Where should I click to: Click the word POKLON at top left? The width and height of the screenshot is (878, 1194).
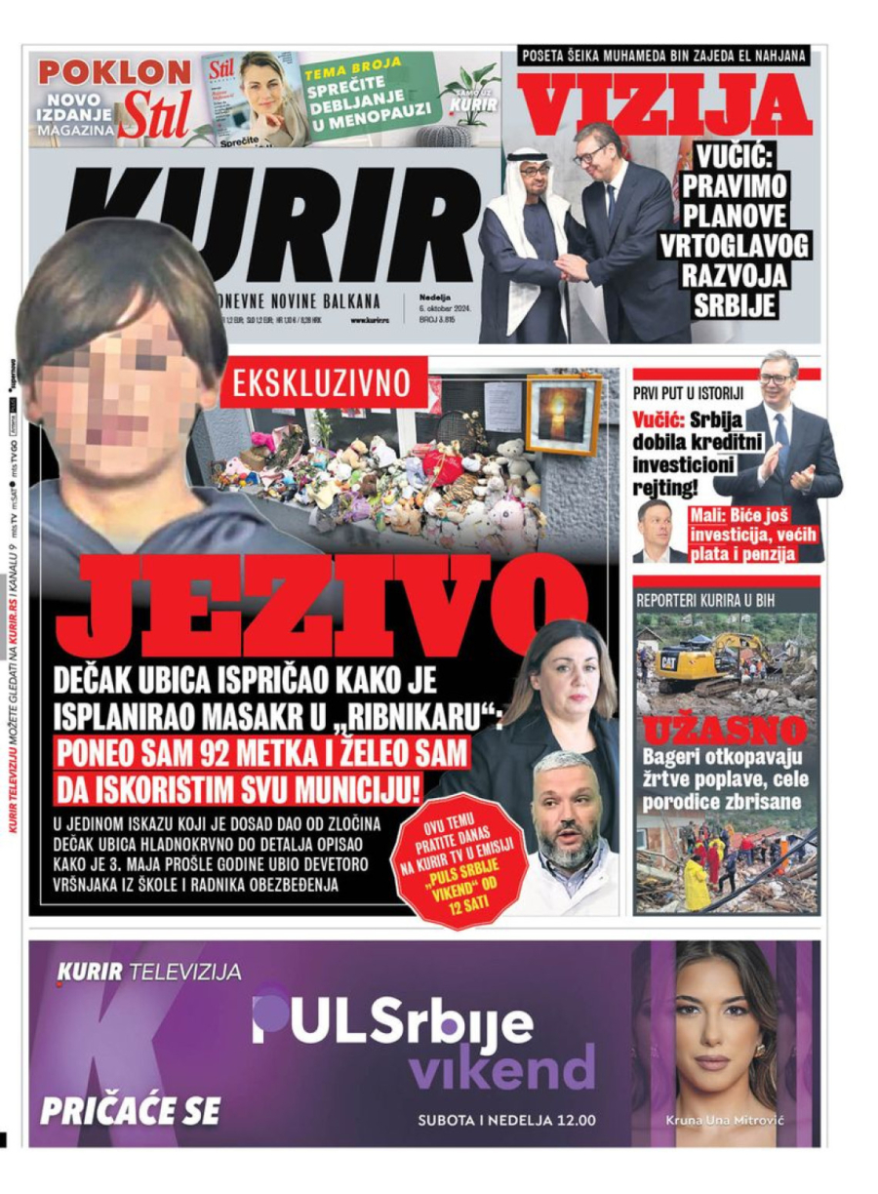[115, 71]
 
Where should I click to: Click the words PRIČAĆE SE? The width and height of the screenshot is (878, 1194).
[130, 1110]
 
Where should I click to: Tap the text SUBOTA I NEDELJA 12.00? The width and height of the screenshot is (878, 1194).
[506, 1119]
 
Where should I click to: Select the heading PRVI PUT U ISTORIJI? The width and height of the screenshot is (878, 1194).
[689, 393]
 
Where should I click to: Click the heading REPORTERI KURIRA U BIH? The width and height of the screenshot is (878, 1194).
[704, 600]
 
